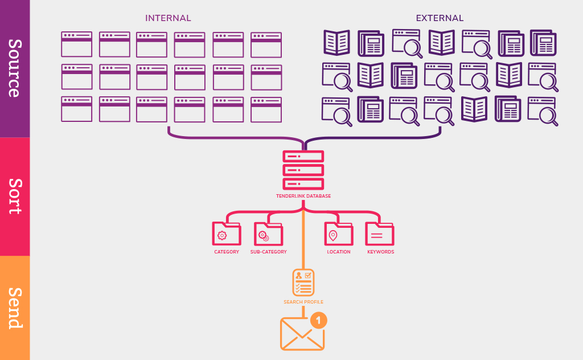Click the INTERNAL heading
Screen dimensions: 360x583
point(168,18)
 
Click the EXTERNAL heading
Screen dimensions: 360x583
point(440,18)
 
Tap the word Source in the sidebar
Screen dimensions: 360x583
point(15,68)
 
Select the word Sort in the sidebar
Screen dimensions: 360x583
point(15,196)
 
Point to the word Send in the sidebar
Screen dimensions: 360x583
point(15,308)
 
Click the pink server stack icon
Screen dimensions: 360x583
point(303,170)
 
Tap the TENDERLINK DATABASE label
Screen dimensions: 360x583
point(303,196)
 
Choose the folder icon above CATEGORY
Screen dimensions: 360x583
point(227,234)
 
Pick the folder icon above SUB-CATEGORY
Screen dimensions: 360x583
point(268,234)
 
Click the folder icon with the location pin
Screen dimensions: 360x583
point(338,234)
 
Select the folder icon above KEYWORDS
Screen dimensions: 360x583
point(380,234)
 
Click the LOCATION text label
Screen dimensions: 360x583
point(339,252)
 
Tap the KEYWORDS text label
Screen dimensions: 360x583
point(380,252)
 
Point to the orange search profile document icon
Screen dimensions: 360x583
point(303,282)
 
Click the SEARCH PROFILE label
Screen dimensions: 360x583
point(303,302)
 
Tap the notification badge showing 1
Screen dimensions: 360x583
point(319,320)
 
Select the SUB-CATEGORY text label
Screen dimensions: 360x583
point(268,252)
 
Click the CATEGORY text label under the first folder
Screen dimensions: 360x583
point(227,252)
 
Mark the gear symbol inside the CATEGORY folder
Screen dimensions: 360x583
point(222,235)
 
